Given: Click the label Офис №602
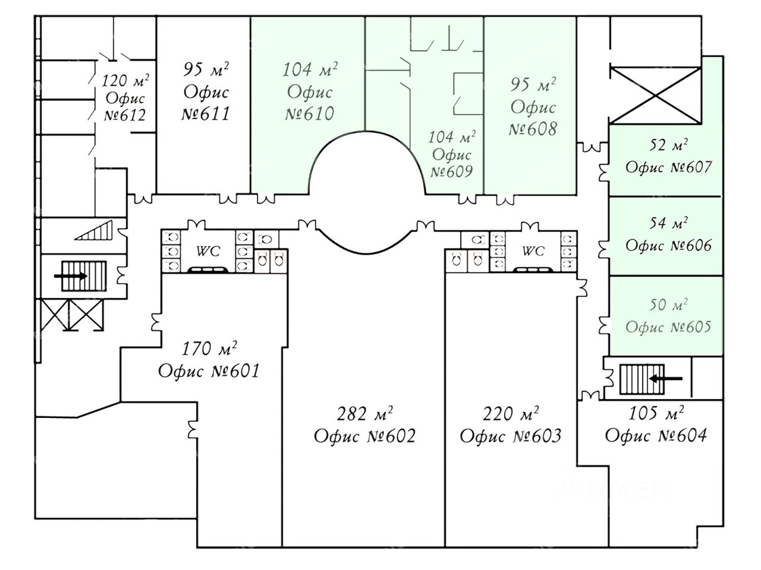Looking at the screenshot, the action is click(x=364, y=436).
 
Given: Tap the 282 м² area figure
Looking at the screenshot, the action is click(x=364, y=413).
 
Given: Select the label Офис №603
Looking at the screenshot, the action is click(x=510, y=436).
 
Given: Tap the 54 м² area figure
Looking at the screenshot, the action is click(x=668, y=224).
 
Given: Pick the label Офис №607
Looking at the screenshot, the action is click(x=668, y=167).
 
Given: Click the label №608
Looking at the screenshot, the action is click(x=533, y=128).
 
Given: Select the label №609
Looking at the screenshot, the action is click(x=451, y=172).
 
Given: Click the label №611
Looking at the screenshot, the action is click(x=206, y=113).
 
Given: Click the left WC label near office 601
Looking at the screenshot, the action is click(x=208, y=252).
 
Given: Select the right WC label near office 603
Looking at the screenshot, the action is click(x=533, y=252).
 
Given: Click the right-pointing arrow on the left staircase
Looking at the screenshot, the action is click(x=71, y=276).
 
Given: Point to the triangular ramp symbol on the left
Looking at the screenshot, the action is click(x=95, y=230).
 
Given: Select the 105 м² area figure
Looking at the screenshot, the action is click(x=656, y=413).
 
